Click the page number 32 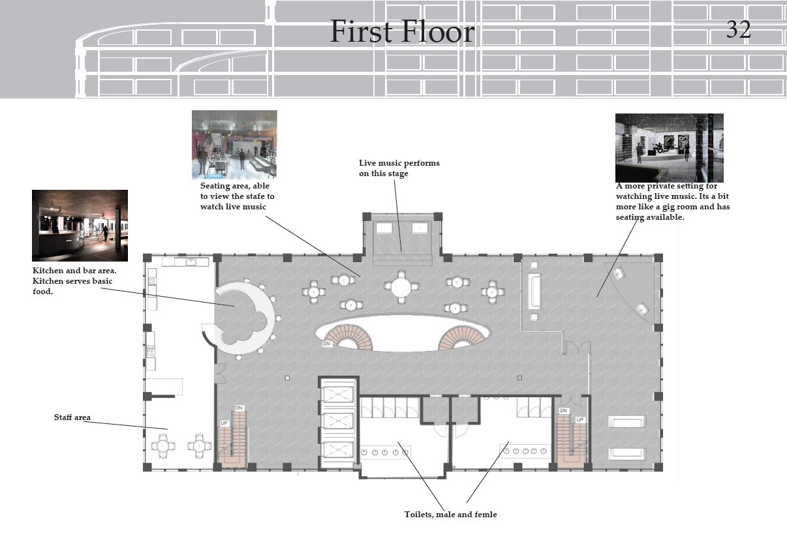coord(739,29)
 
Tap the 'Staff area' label coord(72,417)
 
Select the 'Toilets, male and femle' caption coord(450,515)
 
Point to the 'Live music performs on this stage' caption coord(399,168)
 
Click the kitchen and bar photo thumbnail coord(80,226)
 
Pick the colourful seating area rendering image coord(234,145)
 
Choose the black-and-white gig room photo coord(670,148)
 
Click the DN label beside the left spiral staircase coord(327,344)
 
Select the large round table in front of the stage coord(401,287)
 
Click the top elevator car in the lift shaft coord(338,394)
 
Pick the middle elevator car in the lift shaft coord(338,421)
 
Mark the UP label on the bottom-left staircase coord(224,423)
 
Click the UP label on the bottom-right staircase coord(579,419)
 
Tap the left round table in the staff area coord(163,446)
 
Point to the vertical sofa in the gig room coord(534,292)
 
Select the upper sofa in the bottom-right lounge coord(627,421)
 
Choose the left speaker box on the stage coord(384,228)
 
